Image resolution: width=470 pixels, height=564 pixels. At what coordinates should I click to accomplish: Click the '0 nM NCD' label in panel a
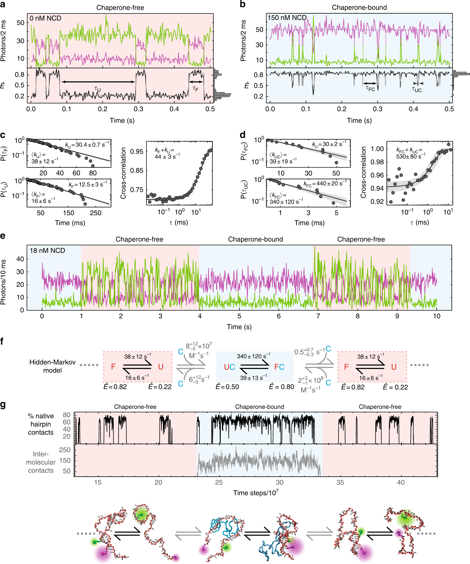(45, 18)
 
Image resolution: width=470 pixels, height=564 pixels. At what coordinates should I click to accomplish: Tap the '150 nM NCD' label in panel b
(287, 18)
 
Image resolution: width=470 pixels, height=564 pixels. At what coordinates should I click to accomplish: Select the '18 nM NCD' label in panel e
(47, 251)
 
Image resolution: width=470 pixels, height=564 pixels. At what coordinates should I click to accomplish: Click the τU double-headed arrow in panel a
(98, 82)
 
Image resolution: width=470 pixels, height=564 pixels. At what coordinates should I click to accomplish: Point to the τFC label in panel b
(370, 89)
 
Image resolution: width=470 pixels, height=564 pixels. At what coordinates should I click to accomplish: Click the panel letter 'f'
(2, 341)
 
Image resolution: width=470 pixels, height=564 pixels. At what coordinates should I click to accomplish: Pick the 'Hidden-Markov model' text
(52, 366)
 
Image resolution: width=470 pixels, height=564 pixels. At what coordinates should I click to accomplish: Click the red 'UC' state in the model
(229, 367)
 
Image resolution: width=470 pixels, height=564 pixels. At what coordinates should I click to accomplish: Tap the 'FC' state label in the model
(279, 367)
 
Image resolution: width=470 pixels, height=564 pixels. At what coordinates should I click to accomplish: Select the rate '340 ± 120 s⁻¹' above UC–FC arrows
(253, 356)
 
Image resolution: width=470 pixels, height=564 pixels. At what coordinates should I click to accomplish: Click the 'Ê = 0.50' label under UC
(227, 387)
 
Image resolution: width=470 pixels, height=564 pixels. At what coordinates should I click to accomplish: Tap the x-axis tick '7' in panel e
(318, 316)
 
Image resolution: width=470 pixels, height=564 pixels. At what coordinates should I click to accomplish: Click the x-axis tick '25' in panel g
(219, 482)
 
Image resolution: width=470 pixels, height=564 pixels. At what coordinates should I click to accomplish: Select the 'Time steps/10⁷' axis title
(256, 493)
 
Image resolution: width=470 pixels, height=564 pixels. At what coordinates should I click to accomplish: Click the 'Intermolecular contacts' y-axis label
(41, 462)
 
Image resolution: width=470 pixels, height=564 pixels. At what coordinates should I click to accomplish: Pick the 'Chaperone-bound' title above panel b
(359, 7)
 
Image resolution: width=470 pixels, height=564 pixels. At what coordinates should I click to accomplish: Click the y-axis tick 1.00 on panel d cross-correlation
(377, 149)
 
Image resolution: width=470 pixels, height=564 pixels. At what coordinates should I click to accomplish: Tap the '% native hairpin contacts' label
(41, 424)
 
